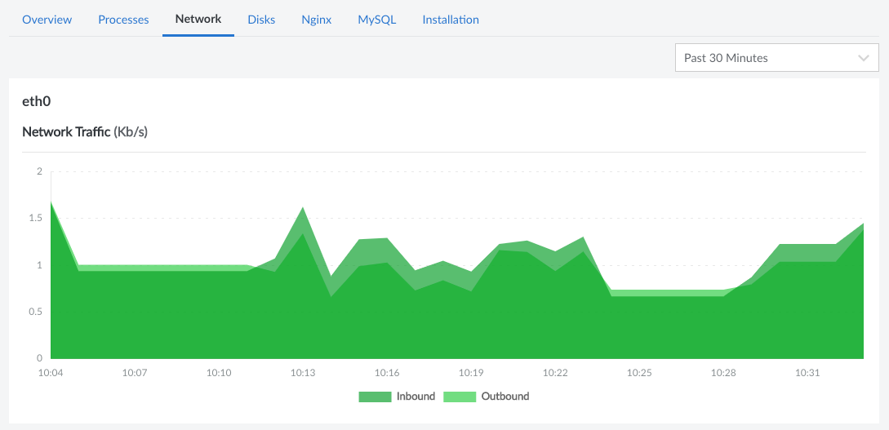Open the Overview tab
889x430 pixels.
coord(47,20)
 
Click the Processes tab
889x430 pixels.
coord(123,20)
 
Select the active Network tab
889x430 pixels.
coord(198,19)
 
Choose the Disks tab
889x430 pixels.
coord(261,20)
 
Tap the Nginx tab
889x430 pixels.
coord(316,20)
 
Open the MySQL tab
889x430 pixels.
coord(376,20)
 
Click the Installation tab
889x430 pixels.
coord(451,20)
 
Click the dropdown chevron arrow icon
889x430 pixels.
coord(864,58)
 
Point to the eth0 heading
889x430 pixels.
coord(37,101)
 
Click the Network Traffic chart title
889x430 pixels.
coord(84,131)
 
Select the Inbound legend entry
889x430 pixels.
coord(398,397)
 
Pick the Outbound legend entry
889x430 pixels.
coord(487,397)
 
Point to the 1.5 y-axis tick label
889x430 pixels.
coord(33,219)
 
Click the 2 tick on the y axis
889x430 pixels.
coord(39,172)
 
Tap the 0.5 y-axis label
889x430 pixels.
coord(33,312)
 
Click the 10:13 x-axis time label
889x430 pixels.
coord(303,373)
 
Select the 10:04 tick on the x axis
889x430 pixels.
coord(51,373)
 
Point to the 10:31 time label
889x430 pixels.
coord(807,373)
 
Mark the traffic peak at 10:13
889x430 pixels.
coord(303,208)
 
